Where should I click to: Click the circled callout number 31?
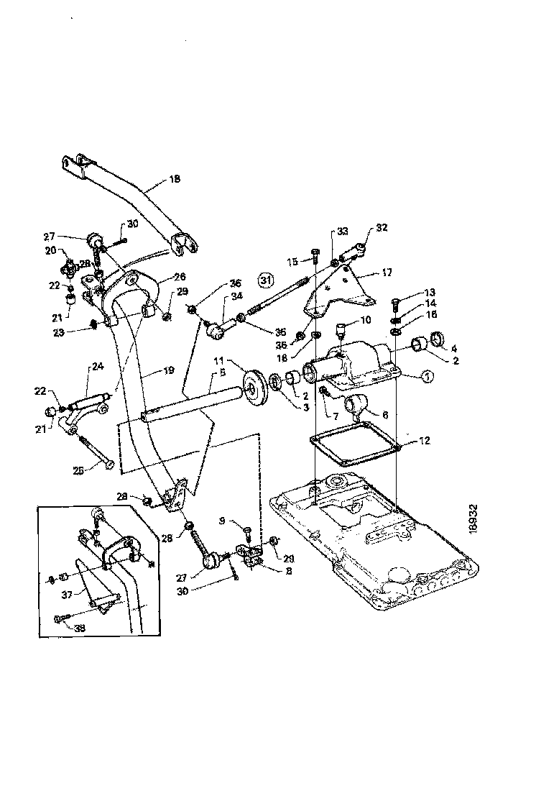267,279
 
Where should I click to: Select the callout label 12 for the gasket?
425,441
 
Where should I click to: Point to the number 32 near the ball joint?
381,229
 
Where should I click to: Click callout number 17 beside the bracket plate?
387,273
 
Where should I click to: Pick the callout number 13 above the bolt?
430,292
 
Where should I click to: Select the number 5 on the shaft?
223,373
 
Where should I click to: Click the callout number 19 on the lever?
168,372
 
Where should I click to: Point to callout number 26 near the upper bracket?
180,276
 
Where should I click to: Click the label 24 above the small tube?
96,366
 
